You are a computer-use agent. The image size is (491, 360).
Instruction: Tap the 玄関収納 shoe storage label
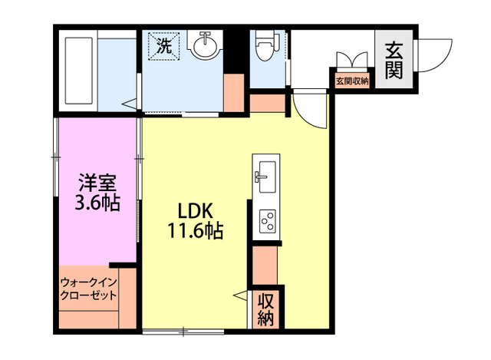[x=352, y=81]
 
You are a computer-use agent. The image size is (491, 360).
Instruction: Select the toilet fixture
[x=265, y=45]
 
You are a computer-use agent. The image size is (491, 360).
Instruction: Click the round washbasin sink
[x=205, y=46]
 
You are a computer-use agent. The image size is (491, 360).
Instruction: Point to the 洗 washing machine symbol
[x=164, y=46]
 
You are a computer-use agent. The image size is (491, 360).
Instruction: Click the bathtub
[x=78, y=71]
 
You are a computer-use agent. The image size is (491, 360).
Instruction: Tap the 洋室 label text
[x=97, y=183]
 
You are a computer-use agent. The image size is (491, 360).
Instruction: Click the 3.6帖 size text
[x=97, y=203]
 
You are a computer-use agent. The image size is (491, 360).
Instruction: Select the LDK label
[x=196, y=211]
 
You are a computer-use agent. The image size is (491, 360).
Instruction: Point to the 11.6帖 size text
[x=196, y=231]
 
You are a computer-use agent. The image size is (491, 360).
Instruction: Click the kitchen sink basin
[x=268, y=177]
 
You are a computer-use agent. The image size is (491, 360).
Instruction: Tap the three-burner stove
[x=268, y=221]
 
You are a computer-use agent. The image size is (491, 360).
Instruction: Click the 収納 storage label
[x=266, y=309]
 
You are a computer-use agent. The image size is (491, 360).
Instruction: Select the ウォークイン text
[x=88, y=282]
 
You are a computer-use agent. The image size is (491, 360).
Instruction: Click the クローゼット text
[x=88, y=296]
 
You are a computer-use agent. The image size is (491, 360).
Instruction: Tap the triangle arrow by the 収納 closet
[x=240, y=296]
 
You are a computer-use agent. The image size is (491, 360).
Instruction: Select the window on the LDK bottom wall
[x=183, y=332]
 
